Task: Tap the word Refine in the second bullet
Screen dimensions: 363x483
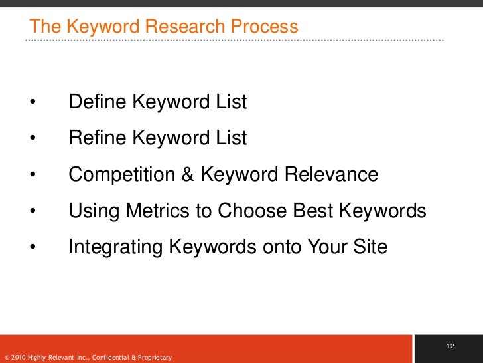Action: click(98, 138)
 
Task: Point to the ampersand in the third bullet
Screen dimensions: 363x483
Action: click(188, 175)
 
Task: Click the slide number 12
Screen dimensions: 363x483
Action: click(450, 346)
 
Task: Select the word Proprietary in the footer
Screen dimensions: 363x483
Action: click(155, 358)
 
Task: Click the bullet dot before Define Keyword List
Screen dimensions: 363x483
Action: click(32, 103)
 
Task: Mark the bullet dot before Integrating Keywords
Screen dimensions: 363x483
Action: click(32, 248)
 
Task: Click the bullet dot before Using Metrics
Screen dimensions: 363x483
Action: click(32, 212)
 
